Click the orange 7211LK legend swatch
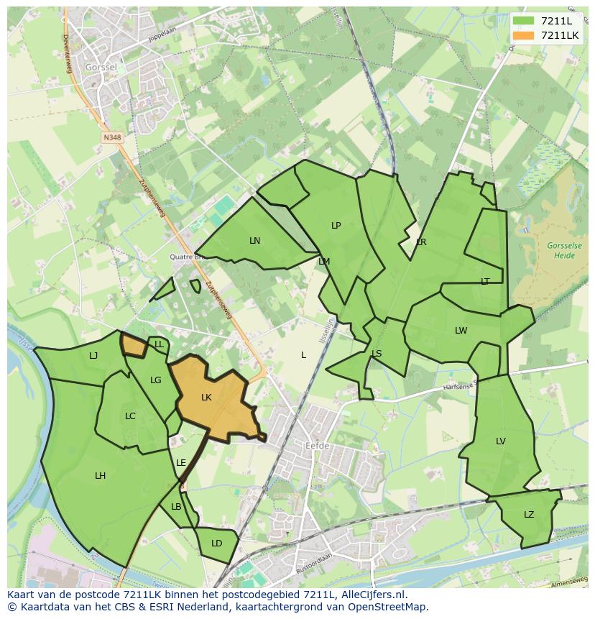[525, 35]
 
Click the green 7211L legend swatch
[525, 21]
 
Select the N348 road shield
[111, 137]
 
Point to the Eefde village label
[317, 446]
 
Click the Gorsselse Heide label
[564, 250]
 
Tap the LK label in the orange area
[206, 398]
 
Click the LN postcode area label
[254, 240]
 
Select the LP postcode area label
[336, 225]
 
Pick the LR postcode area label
[421, 242]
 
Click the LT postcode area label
[485, 281]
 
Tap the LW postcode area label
[461, 331]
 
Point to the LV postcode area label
[500, 441]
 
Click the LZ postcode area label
[529, 514]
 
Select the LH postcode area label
[100, 475]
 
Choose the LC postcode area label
[130, 416]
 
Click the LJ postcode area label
[93, 355]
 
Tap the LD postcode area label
[216, 543]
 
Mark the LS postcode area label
[377, 353]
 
